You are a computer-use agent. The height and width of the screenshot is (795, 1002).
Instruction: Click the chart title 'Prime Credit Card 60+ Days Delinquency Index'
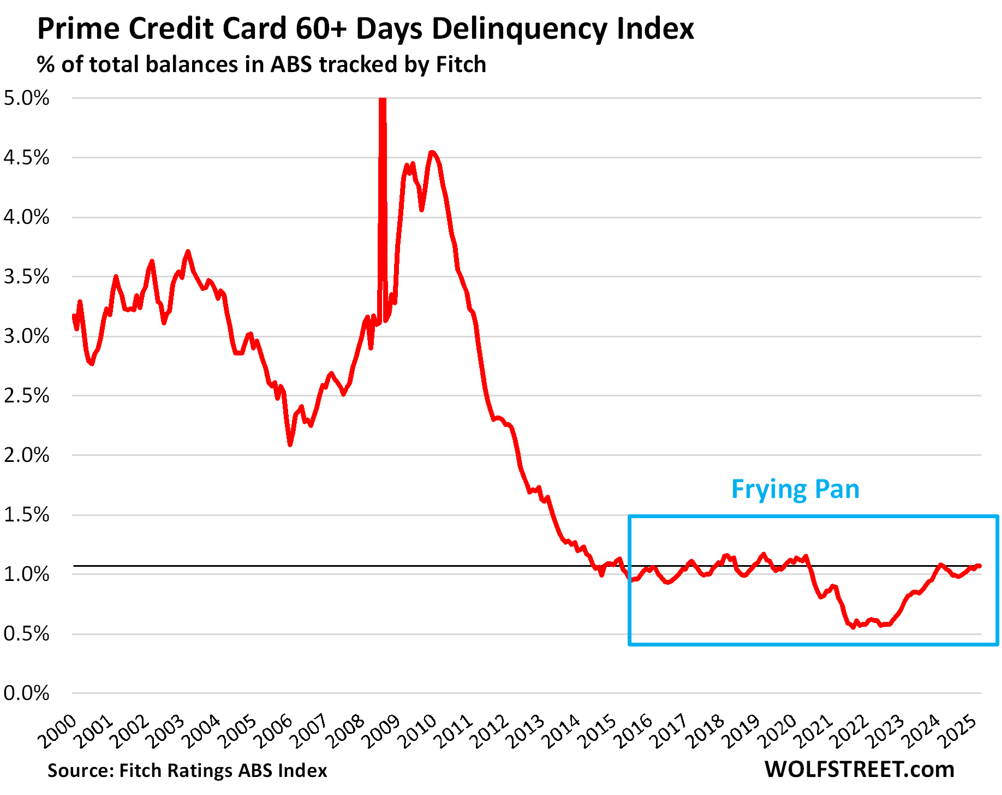click(365, 28)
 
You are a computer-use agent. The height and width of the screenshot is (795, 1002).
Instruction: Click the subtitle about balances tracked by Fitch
click(261, 64)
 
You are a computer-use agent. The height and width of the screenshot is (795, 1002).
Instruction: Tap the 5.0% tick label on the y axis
click(26, 99)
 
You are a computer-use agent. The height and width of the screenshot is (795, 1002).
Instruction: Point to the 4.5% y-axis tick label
click(26, 158)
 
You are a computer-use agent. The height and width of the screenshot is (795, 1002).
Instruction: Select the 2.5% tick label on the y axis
click(26, 396)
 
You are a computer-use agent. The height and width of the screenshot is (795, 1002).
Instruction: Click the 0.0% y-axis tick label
click(26, 693)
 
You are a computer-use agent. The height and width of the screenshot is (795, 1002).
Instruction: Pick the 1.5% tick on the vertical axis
click(26, 515)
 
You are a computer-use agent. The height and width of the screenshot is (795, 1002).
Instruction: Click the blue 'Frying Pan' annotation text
click(795, 489)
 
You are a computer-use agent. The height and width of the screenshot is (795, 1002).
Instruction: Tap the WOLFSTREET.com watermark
click(860, 770)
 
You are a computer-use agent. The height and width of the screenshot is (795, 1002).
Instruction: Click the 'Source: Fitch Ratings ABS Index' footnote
click(187, 770)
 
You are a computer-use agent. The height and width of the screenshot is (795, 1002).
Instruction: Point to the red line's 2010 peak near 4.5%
click(432, 152)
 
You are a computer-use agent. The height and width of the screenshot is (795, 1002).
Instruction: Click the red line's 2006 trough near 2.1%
click(290, 444)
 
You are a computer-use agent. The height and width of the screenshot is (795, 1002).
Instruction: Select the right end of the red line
click(979, 566)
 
